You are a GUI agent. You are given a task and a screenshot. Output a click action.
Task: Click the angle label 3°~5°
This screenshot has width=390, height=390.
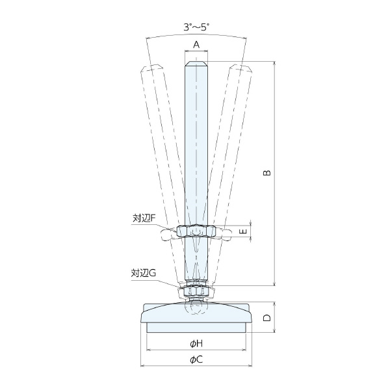(x=196, y=27)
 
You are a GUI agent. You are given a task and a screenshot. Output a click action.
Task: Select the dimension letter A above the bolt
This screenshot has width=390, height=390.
(x=196, y=45)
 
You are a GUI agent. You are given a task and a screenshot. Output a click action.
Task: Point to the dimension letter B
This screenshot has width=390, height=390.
(x=267, y=173)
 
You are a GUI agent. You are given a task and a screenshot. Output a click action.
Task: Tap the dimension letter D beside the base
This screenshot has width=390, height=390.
(x=267, y=318)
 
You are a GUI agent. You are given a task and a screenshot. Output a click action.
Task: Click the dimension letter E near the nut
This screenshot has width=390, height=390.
(x=244, y=231)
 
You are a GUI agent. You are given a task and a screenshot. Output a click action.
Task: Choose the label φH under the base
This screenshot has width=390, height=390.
(x=196, y=344)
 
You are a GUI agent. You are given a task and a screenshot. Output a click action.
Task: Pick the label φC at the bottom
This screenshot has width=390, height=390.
(x=196, y=359)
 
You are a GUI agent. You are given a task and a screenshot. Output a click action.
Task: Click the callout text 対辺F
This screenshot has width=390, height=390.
(x=144, y=218)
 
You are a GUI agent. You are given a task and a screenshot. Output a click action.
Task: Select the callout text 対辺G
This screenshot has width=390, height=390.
(x=144, y=273)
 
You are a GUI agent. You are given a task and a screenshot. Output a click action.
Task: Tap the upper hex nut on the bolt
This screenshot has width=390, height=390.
(x=196, y=231)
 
